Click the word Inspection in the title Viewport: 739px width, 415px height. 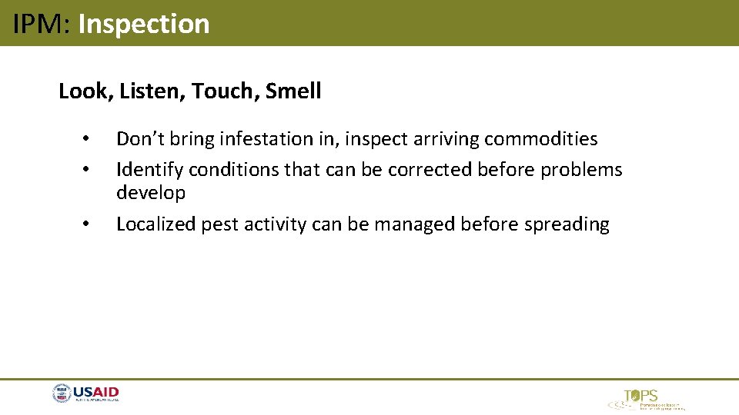pyautogui.click(x=144, y=24)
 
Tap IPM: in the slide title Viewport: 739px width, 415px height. pyautogui.click(x=42, y=24)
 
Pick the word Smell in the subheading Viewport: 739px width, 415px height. pyautogui.click(x=293, y=91)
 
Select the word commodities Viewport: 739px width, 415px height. pyautogui.click(x=540, y=139)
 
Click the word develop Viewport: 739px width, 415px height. pyautogui.click(x=151, y=193)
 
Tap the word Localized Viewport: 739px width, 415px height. pyautogui.click(x=155, y=224)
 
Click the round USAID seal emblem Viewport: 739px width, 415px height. pyautogui.click(x=62, y=394)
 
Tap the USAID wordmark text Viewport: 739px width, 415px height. pyautogui.click(x=96, y=393)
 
